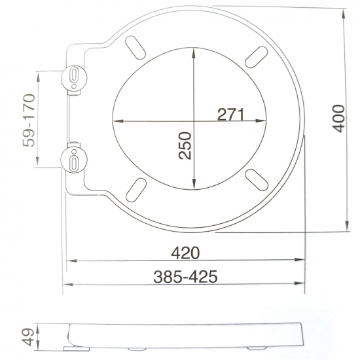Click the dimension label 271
tap(230, 114)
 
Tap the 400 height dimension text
tap(337, 118)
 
